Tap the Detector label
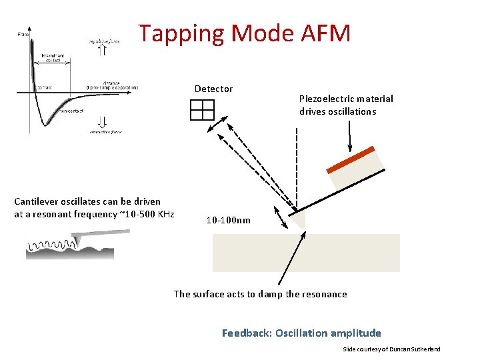tap(213, 89)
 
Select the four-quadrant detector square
tap(201, 109)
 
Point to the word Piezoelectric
tap(330, 99)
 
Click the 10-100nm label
tap(228, 220)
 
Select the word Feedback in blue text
tap(246, 333)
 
